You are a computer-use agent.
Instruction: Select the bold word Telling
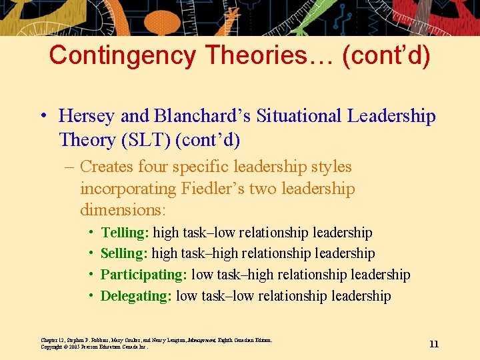tap(124, 233)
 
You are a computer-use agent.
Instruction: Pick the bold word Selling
tap(123, 253)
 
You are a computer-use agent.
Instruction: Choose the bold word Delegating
tap(136, 296)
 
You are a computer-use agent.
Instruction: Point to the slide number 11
tap(434, 344)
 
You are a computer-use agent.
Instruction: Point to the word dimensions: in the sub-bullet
tap(123, 210)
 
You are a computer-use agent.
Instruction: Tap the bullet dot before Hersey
tap(42, 116)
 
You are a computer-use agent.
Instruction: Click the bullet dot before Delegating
tap(90, 296)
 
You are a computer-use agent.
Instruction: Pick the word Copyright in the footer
tap(51, 347)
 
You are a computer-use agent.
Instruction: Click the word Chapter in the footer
tap(49, 340)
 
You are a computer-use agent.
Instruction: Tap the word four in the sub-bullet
tap(167, 167)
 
